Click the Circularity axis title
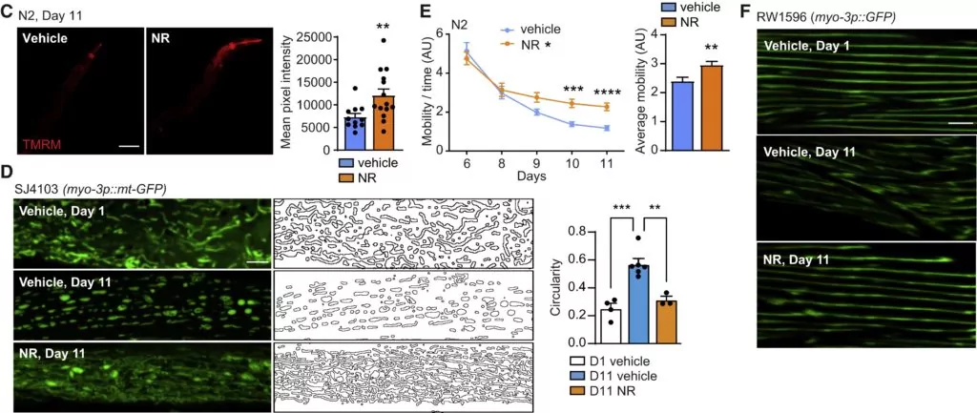click(557, 282)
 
